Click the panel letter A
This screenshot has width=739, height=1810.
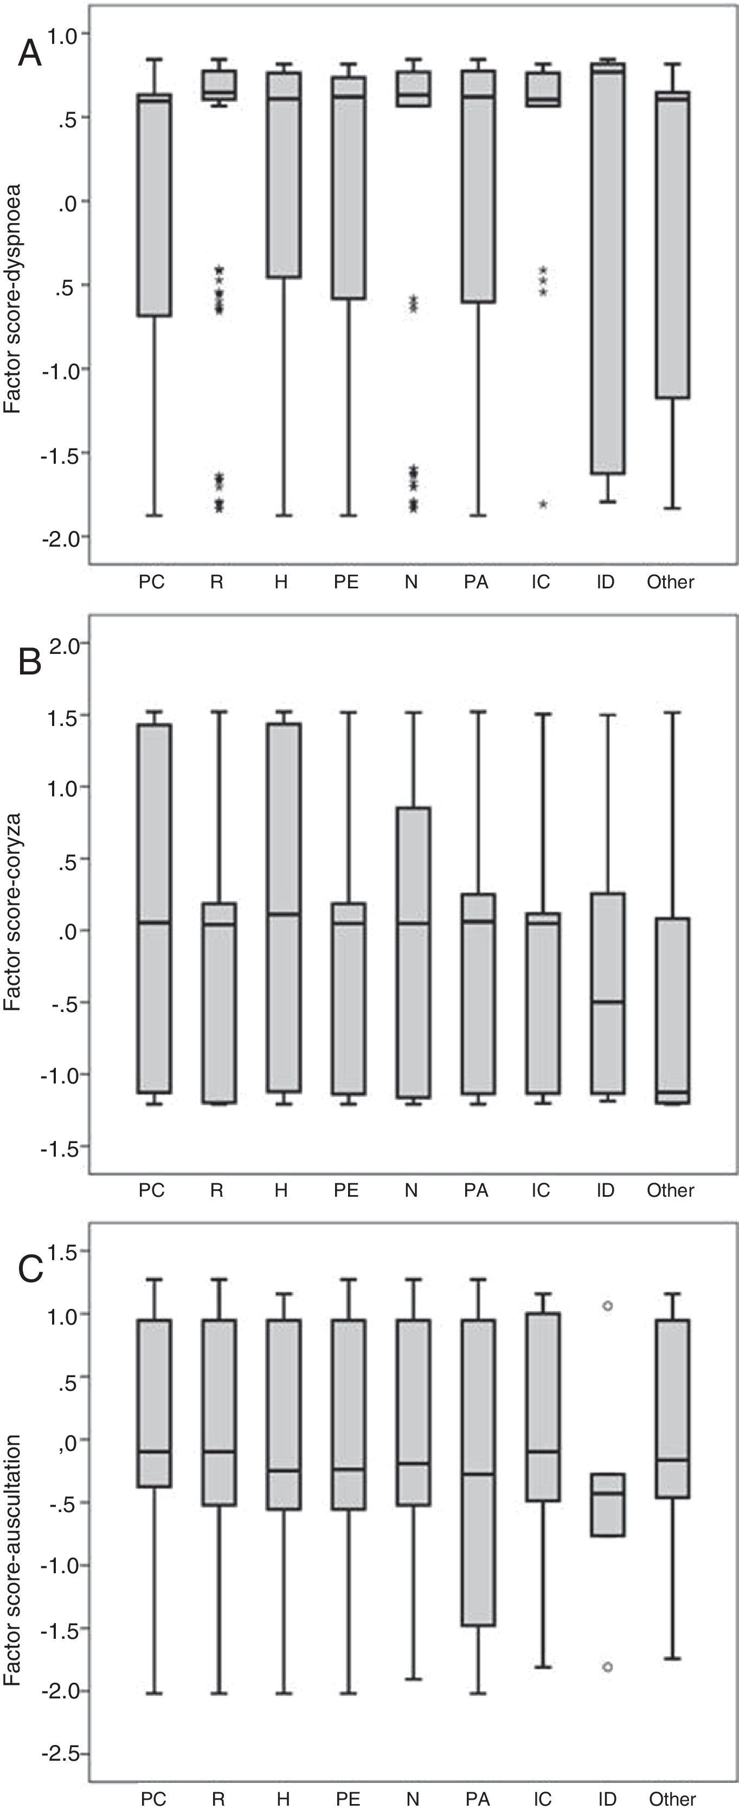29,54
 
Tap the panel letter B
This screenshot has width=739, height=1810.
29,662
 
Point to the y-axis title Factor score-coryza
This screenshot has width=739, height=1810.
12,911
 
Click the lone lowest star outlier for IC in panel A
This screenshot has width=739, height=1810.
543,504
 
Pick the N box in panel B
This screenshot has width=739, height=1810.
414,952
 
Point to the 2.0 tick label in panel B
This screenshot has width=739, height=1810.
66,644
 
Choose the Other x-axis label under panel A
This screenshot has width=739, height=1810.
670,582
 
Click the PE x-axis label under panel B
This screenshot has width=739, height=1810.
346,1190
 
